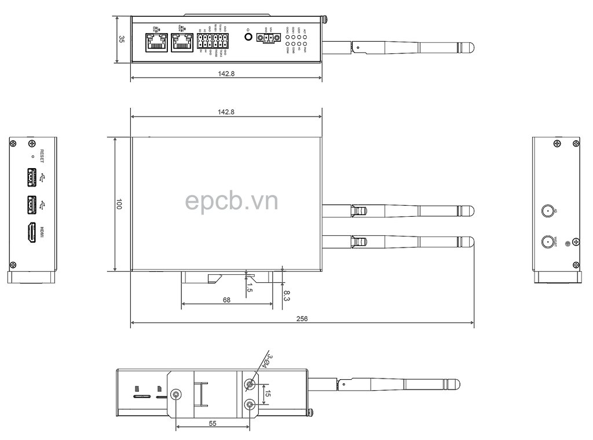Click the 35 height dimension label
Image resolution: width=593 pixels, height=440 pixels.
click(x=122, y=39)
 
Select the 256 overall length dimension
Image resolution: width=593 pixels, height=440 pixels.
click(x=302, y=319)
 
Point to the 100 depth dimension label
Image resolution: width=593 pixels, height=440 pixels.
click(x=119, y=204)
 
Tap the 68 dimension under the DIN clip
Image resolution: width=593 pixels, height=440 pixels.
click(x=226, y=300)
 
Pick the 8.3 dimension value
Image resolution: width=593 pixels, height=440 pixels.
click(x=287, y=295)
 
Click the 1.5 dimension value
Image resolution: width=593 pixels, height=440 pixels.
click(x=249, y=287)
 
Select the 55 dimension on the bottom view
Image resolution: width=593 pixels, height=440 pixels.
click(x=213, y=424)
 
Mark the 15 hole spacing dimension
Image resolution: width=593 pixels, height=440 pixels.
click(x=267, y=394)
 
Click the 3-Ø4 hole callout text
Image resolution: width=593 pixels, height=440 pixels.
click(x=266, y=359)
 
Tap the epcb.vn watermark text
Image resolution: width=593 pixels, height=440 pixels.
click(x=232, y=201)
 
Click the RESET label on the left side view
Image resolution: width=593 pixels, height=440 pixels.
click(x=42, y=157)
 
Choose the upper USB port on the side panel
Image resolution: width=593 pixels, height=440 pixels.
click(x=32, y=177)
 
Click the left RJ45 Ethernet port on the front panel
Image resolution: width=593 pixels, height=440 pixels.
click(x=156, y=42)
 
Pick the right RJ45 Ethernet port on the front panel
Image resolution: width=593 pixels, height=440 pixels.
click(x=182, y=42)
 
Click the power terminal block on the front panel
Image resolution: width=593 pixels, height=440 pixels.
click(x=268, y=39)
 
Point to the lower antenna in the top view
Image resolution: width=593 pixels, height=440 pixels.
click(x=398, y=241)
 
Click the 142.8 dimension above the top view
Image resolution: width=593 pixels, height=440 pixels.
click(x=226, y=112)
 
